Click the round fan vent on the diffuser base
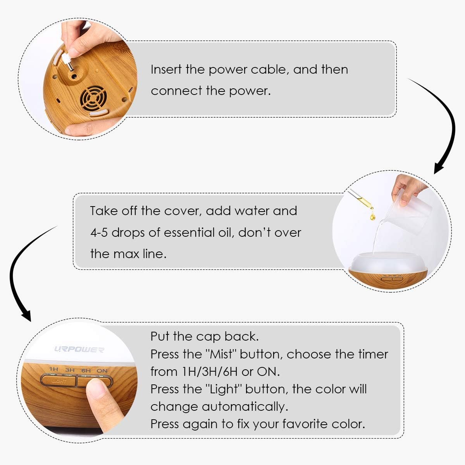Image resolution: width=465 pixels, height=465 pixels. click(x=93, y=98)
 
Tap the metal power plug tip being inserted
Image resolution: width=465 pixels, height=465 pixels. click(x=71, y=67)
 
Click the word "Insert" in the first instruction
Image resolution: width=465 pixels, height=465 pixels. click(x=166, y=69)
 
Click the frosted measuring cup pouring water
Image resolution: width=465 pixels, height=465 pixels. click(x=410, y=210)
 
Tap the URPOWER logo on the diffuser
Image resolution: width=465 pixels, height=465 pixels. click(x=79, y=350)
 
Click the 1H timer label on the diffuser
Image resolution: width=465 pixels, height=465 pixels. click(x=53, y=369)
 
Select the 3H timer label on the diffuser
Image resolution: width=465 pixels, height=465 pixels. click(x=70, y=370)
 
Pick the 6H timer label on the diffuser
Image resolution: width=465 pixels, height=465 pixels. click(x=86, y=370)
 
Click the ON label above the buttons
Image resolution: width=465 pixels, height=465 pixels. click(x=102, y=371)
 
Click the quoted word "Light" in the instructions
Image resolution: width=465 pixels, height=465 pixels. click(x=224, y=389)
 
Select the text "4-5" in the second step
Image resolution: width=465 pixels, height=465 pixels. click(x=99, y=233)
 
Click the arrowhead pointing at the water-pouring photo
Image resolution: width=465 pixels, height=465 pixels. click(x=439, y=168)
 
